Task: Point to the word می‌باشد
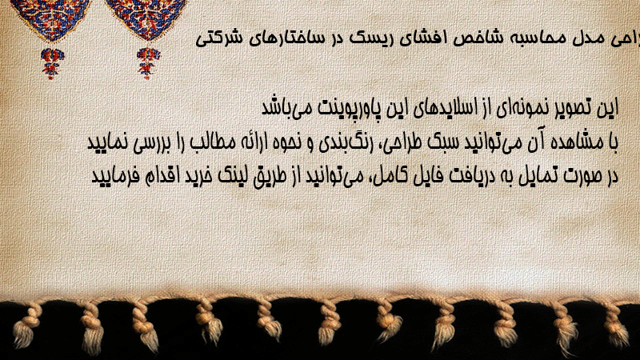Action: [286, 108]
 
